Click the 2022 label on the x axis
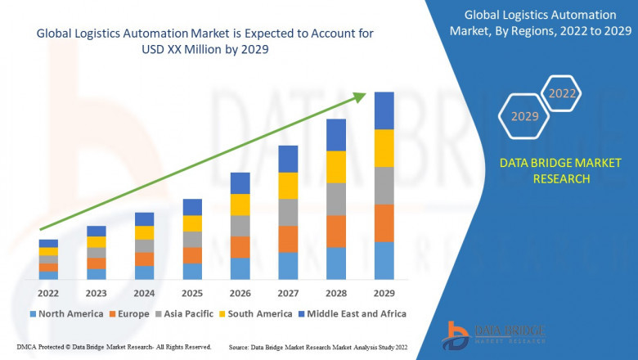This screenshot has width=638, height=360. [48, 293]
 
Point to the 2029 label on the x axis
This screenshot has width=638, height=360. [384, 293]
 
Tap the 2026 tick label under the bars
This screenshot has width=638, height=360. [240, 293]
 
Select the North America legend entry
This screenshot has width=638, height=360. [66, 313]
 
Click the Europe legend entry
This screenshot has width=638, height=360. [128, 313]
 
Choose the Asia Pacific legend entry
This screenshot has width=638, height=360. [186, 313]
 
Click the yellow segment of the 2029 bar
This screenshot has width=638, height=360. [384, 148]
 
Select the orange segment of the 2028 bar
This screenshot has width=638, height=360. [335, 232]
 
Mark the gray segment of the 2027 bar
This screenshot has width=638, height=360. [288, 212]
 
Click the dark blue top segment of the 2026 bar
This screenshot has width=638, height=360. [240, 183]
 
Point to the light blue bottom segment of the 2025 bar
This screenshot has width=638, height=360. [192, 272]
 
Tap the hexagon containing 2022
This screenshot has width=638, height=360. [562, 93]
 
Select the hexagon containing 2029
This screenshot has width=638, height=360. [524, 117]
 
